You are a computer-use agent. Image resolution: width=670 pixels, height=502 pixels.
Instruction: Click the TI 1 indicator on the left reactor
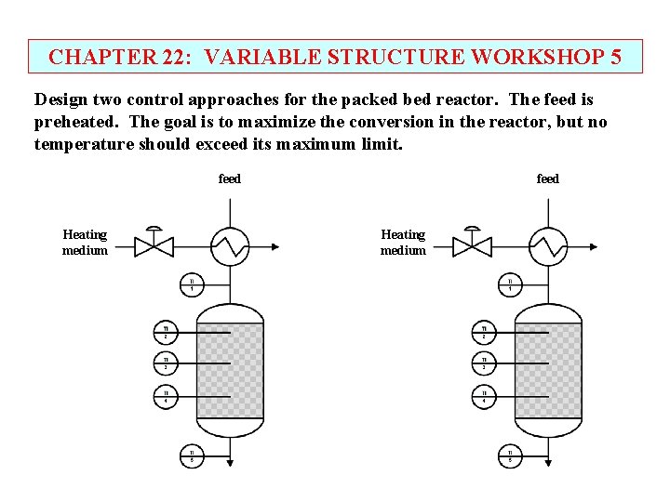192,284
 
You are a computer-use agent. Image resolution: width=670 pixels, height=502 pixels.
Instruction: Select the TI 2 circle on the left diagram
166,332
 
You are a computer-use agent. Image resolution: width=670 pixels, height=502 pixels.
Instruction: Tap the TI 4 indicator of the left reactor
166,397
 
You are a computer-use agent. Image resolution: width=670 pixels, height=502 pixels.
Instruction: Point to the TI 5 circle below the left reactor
192,456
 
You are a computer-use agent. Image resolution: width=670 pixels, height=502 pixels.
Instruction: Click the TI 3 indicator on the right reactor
484,363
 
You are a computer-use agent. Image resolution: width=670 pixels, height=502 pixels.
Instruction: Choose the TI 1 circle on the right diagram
510,284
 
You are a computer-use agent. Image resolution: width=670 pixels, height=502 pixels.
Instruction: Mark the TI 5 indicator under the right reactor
510,456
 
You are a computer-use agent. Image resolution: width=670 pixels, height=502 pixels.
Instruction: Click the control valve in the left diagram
154,244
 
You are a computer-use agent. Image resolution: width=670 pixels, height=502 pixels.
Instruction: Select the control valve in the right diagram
473,244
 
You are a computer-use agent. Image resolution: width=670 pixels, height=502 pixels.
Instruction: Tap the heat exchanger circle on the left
230,246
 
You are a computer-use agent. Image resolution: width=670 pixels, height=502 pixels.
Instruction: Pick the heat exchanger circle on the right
548,246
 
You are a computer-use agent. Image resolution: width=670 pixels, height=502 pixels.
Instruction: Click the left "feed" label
229,178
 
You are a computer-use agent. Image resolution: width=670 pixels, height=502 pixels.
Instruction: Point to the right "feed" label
548,178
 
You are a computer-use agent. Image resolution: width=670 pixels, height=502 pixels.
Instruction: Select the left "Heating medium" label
85,243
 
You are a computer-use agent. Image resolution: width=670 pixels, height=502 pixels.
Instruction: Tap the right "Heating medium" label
403,243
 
